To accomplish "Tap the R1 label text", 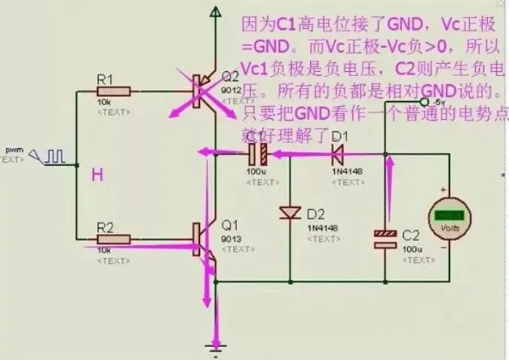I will [104, 79].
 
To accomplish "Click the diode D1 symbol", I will [338, 152].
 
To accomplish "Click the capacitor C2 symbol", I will [385, 235].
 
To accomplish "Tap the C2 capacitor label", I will [411, 236].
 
